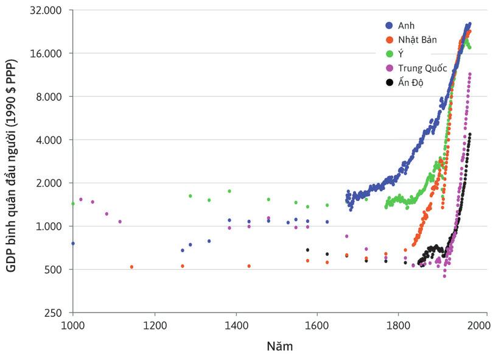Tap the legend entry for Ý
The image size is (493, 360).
point(401,54)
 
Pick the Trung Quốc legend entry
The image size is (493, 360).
point(422,68)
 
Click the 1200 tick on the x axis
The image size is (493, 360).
point(155,324)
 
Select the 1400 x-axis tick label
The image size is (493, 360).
point(236,324)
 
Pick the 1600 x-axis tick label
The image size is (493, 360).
point(317,324)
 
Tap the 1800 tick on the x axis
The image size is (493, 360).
point(399,324)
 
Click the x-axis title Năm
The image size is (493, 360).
point(280,347)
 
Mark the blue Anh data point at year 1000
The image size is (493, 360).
point(73,243)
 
